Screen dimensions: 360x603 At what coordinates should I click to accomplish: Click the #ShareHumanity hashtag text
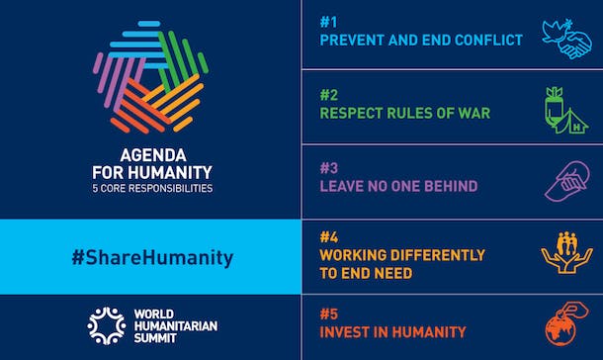(x=151, y=258)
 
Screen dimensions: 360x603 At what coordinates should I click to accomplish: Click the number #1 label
(x=330, y=22)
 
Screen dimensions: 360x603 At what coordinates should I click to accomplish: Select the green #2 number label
(x=330, y=96)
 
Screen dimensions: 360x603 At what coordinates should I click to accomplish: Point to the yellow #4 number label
(x=330, y=237)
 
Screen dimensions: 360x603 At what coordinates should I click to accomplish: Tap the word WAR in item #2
(x=473, y=113)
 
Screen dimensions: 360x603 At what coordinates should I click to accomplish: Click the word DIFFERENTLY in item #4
(x=435, y=255)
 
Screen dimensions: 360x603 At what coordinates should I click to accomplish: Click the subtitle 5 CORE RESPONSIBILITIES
(x=151, y=188)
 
